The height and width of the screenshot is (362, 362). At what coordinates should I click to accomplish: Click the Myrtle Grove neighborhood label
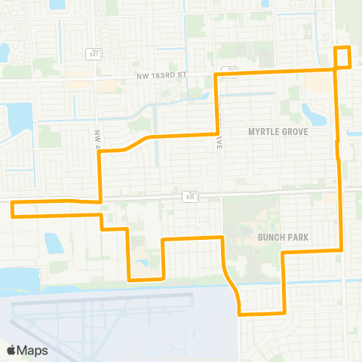point(280,131)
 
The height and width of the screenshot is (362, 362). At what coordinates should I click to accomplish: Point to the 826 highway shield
point(188,196)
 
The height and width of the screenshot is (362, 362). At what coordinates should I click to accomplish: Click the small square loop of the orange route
point(342,57)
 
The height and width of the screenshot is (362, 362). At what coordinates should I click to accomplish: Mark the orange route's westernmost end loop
point(15,209)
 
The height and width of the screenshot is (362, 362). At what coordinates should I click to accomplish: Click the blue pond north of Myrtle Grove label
point(313,114)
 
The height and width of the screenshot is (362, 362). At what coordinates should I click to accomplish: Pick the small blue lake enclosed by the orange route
point(144,262)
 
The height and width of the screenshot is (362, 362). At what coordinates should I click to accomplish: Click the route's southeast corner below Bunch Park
point(283,311)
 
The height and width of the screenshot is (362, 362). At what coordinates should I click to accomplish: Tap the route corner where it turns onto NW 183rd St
point(217,75)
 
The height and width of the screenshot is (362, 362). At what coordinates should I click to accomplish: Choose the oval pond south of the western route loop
point(53,243)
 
